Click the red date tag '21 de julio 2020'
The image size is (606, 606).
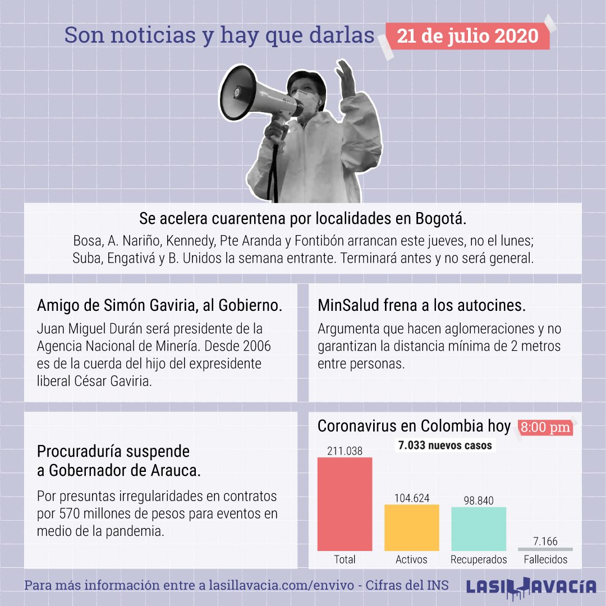[467, 36]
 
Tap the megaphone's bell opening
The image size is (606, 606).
[236, 93]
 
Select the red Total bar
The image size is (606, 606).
[345, 504]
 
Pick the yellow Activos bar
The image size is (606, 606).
[412, 527]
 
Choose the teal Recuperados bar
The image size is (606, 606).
[479, 529]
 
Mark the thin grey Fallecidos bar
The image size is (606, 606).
[545, 549]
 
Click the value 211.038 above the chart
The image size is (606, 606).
[345, 451]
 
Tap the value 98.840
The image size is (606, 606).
[479, 501]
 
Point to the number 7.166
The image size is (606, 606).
[545, 541]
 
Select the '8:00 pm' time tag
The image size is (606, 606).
[545, 427]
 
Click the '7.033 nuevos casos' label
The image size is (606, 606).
[445, 445]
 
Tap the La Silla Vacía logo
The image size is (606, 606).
[531, 587]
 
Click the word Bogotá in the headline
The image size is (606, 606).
[440, 219]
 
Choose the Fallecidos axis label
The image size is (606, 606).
[545, 559]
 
